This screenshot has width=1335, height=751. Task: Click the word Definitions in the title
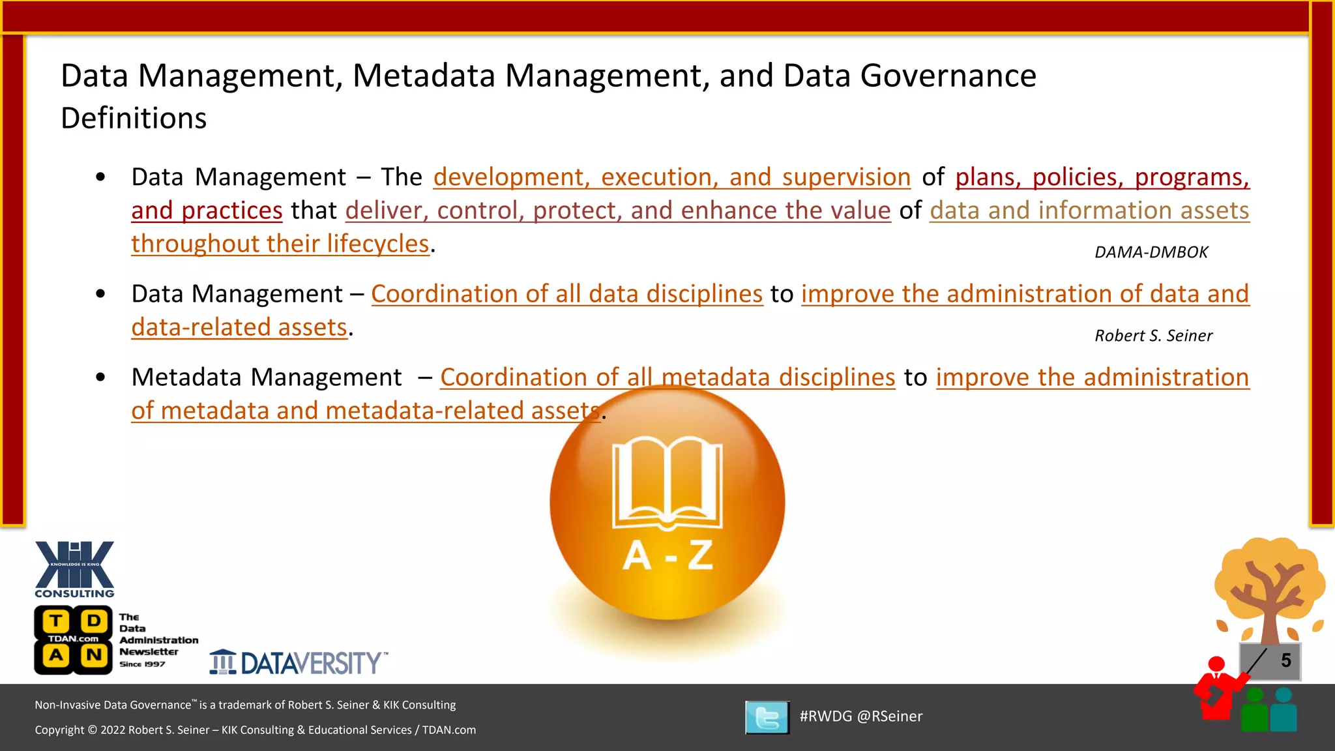(134, 118)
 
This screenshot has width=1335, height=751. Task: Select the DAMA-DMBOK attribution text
(1151, 252)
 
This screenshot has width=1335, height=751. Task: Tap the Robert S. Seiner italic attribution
(1153, 336)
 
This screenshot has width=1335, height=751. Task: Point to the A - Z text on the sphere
(667, 556)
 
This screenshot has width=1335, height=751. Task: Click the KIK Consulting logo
(74, 568)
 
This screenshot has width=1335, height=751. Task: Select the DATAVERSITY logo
(299, 662)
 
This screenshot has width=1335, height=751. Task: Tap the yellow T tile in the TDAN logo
(57, 621)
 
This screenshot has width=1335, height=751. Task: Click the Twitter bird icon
(767, 717)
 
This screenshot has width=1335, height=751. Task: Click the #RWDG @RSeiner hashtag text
(860, 716)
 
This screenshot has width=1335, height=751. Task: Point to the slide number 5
(1285, 660)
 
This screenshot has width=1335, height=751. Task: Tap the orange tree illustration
(1269, 587)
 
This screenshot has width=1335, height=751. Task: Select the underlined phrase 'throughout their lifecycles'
(280, 244)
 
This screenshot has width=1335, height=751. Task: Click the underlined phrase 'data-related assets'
(239, 327)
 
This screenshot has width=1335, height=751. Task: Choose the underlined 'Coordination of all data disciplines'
(566, 294)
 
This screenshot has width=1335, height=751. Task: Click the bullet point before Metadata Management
(100, 377)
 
